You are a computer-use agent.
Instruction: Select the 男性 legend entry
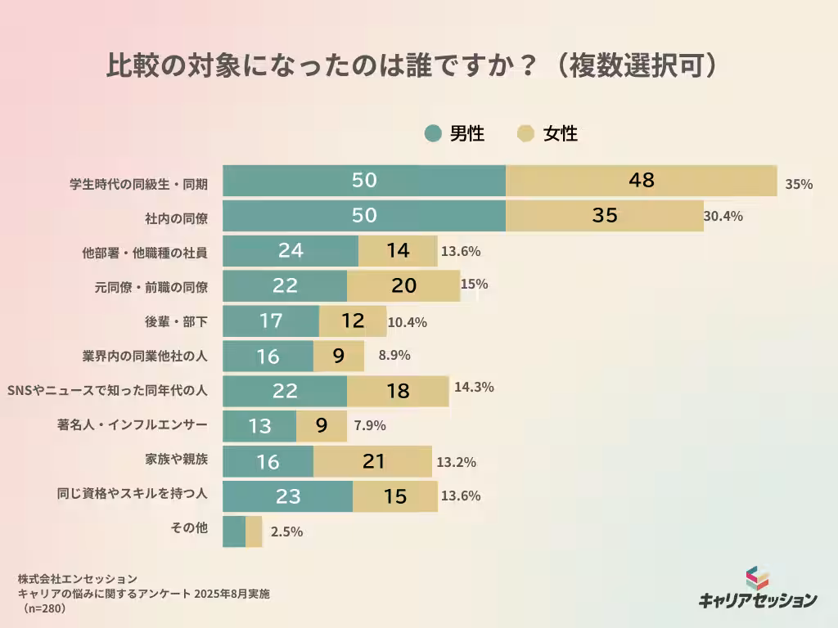click(455, 134)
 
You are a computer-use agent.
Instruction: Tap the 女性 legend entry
click(548, 134)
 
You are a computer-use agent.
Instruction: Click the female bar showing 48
click(641, 181)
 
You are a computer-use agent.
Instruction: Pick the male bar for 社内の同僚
click(364, 216)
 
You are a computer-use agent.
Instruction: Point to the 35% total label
click(799, 184)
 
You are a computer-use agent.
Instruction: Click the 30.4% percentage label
click(723, 217)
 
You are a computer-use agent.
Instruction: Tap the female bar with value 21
click(372, 461)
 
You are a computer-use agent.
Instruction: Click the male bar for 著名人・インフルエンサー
click(259, 426)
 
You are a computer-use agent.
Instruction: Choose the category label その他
click(189, 528)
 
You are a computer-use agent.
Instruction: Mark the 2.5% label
click(286, 532)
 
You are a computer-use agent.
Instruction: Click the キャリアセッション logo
click(757, 589)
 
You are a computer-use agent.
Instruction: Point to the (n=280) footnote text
click(44, 609)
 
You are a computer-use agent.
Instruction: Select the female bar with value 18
click(398, 391)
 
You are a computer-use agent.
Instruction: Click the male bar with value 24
click(291, 251)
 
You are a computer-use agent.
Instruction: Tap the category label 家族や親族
click(176, 459)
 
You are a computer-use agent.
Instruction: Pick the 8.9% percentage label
click(394, 356)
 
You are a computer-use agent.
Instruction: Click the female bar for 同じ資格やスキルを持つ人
click(394, 496)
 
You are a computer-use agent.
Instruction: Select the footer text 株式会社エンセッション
click(77, 579)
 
